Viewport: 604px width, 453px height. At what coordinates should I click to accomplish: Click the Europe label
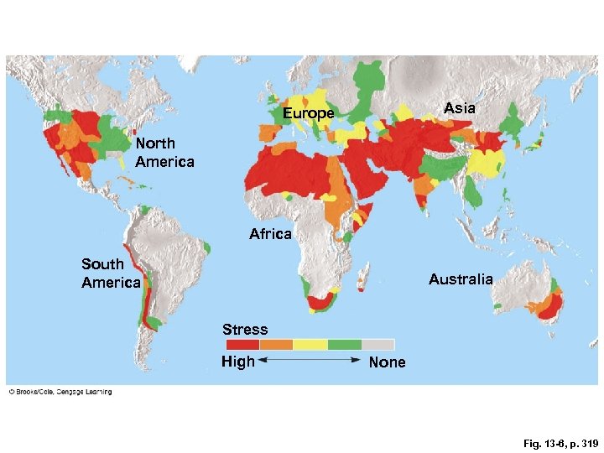(308, 113)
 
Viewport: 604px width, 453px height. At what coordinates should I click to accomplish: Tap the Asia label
(459, 108)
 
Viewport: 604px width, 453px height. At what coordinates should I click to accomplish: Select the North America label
(164, 153)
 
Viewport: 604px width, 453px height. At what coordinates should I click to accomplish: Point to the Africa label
(270, 234)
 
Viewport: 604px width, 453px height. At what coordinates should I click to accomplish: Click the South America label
(111, 273)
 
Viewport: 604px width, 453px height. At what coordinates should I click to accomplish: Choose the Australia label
(461, 279)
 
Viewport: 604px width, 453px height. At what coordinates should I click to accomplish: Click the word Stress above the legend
(245, 330)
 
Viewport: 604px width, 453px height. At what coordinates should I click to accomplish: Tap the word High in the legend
(237, 362)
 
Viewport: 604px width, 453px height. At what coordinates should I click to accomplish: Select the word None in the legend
(387, 362)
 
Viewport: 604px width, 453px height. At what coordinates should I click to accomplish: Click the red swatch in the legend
(242, 344)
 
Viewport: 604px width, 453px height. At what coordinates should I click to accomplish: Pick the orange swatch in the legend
(276, 344)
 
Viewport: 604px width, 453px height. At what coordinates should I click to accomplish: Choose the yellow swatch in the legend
(310, 344)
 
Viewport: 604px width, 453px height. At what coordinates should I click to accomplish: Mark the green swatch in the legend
(344, 344)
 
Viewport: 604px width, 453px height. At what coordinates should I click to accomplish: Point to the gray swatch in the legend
(377, 344)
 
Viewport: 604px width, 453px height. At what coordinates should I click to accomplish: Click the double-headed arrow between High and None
(310, 360)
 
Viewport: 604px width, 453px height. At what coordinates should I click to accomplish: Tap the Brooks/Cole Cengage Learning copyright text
(60, 392)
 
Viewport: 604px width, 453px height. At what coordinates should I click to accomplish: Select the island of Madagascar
(363, 277)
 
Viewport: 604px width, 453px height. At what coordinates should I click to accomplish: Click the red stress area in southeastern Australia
(552, 308)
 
